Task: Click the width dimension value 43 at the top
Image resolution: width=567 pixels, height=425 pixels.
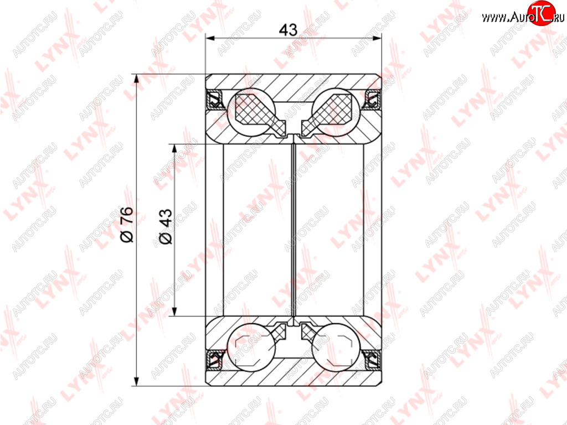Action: click(288, 30)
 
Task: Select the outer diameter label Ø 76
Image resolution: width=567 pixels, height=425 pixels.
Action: click(127, 225)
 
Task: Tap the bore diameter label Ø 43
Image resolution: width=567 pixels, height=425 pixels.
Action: click(166, 226)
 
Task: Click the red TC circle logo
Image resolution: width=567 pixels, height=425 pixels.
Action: click(542, 13)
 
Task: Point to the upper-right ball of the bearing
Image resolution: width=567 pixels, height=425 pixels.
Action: click(336, 112)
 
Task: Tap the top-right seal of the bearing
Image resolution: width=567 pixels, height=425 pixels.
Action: click(373, 100)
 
